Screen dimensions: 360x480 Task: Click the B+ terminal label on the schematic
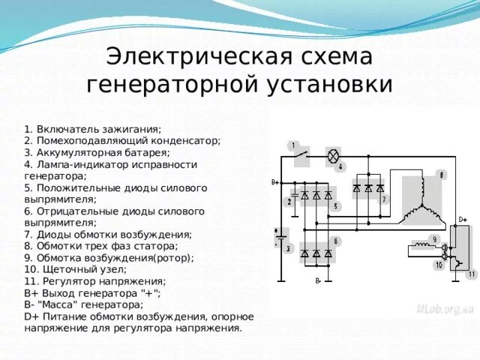(x=274, y=182)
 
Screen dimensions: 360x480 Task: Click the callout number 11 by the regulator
(x=471, y=274)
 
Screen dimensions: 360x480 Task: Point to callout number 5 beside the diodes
(x=337, y=205)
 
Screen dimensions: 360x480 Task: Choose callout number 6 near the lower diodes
(x=337, y=241)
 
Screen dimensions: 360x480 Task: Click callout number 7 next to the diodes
(x=384, y=200)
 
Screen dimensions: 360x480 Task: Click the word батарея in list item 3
(x=145, y=151)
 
